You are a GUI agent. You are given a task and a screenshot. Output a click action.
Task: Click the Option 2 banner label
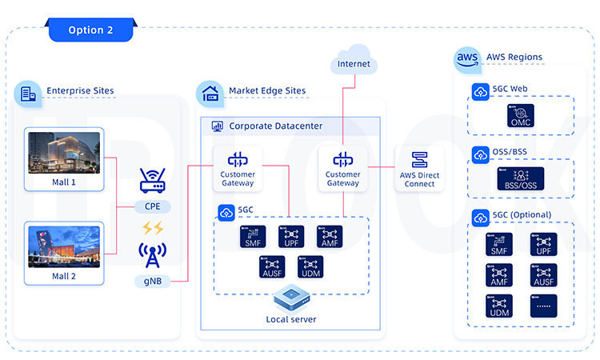click(x=90, y=30)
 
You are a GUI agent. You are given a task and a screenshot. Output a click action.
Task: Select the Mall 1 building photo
click(x=64, y=155)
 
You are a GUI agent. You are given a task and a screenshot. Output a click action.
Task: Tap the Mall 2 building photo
click(x=64, y=246)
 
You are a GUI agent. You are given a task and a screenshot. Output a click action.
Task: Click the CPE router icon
click(x=152, y=182)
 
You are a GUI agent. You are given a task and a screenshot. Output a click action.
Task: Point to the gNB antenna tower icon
click(x=152, y=256)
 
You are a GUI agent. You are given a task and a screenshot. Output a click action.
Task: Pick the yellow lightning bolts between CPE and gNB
click(x=152, y=227)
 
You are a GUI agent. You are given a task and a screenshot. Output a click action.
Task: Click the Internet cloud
click(x=354, y=63)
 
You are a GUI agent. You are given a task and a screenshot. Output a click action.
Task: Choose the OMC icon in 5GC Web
click(x=520, y=116)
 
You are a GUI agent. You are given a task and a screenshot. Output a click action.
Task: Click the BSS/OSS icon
click(x=520, y=178)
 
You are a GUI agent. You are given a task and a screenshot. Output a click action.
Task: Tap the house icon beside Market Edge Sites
click(x=211, y=93)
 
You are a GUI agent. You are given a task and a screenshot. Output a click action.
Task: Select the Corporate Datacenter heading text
click(x=276, y=126)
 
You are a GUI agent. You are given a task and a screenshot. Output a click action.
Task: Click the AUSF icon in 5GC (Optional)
click(x=543, y=274)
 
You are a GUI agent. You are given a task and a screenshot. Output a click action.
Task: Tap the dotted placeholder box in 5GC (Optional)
click(x=543, y=306)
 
